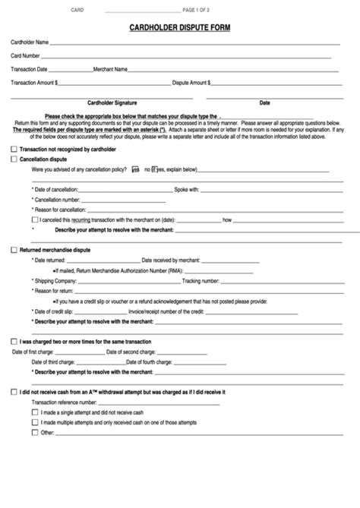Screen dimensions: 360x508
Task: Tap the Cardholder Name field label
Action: coord(30,42)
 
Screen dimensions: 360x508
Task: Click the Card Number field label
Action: coord(25,55)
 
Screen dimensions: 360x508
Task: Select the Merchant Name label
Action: coord(110,69)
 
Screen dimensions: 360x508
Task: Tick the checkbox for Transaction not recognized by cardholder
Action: coord(14,150)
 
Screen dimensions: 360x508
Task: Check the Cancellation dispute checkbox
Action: coord(14,160)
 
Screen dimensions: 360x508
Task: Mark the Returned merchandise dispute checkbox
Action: coord(14,249)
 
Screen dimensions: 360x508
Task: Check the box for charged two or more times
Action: coord(14,342)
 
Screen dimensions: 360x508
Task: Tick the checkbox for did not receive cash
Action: coord(14,392)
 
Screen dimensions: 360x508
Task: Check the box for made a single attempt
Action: coord(34,412)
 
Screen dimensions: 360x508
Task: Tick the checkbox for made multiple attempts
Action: coord(34,421)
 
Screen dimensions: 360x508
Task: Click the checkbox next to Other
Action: coord(34,432)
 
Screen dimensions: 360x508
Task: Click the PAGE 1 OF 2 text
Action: coord(198,11)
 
